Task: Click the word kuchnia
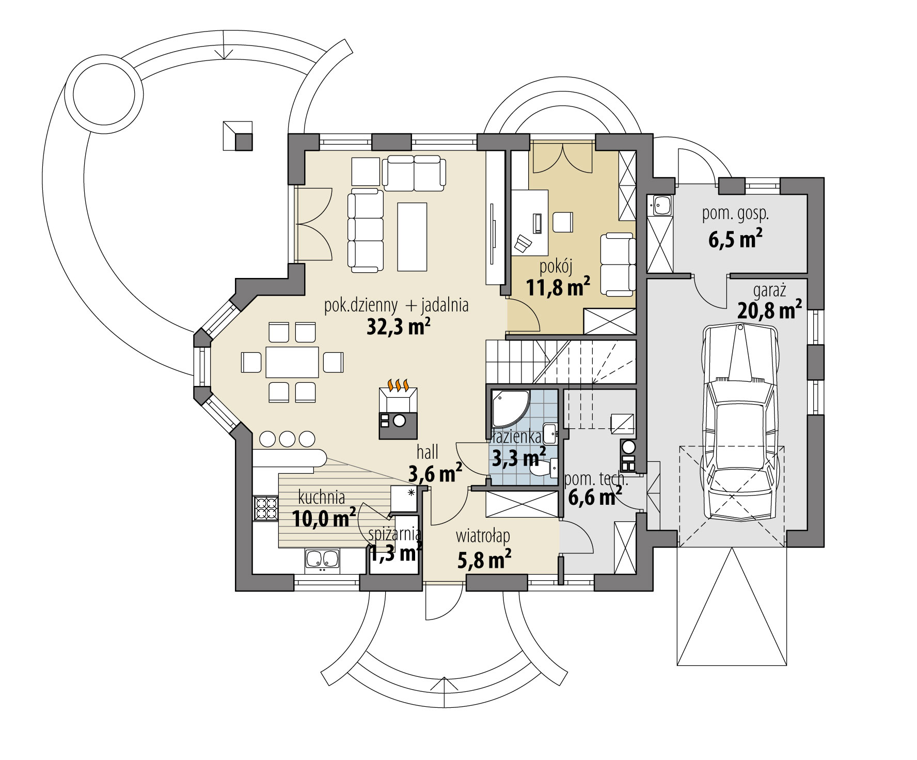tap(322, 498)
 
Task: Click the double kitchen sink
tap(322, 560)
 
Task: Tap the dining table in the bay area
tap(292, 362)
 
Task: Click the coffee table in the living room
tap(413, 237)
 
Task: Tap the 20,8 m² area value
tap(769, 312)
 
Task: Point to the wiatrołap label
tap(483, 536)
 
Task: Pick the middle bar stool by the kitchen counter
tap(288, 439)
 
